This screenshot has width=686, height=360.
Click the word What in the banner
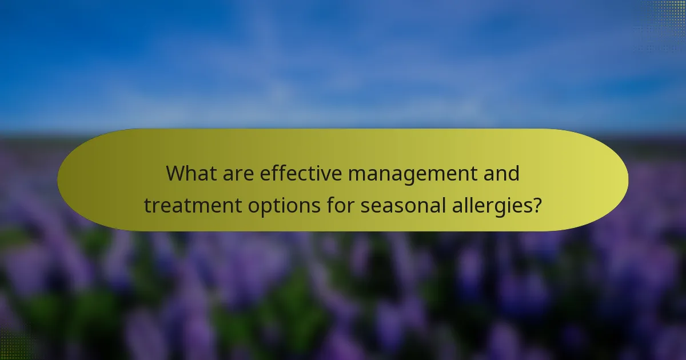pos(191,173)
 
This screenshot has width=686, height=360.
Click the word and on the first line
pos(501,173)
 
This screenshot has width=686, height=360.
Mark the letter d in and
pos(514,173)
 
